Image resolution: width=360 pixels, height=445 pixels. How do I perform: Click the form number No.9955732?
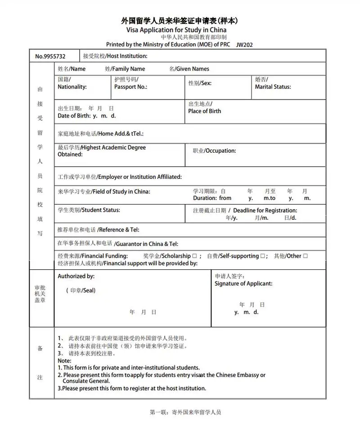coord(50,56)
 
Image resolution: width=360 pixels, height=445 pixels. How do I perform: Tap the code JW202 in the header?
coord(245,45)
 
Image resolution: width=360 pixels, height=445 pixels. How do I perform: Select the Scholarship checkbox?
coord(194,256)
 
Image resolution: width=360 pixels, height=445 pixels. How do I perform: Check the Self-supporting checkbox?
coord(262,256)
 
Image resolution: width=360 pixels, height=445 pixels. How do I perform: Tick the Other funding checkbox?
coord(305,256)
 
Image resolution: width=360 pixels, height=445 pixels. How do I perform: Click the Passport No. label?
coord(130,87)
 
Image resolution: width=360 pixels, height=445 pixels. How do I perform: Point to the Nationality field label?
coord(72,87)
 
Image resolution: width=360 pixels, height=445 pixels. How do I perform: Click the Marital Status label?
coord(273,87)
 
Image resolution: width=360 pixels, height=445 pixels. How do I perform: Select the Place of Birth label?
coord(205,111)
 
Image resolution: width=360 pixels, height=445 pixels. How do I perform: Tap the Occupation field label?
coord(220,151)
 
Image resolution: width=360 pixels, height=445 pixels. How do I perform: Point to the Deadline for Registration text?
coord(265,210)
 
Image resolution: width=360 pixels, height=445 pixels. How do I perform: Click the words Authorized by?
coord(76,276)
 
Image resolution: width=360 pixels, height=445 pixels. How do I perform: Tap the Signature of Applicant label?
coord(243,284)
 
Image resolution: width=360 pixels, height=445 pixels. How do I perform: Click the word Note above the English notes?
coord(64,361)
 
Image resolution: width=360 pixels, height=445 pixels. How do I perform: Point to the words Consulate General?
coord(86,381)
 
